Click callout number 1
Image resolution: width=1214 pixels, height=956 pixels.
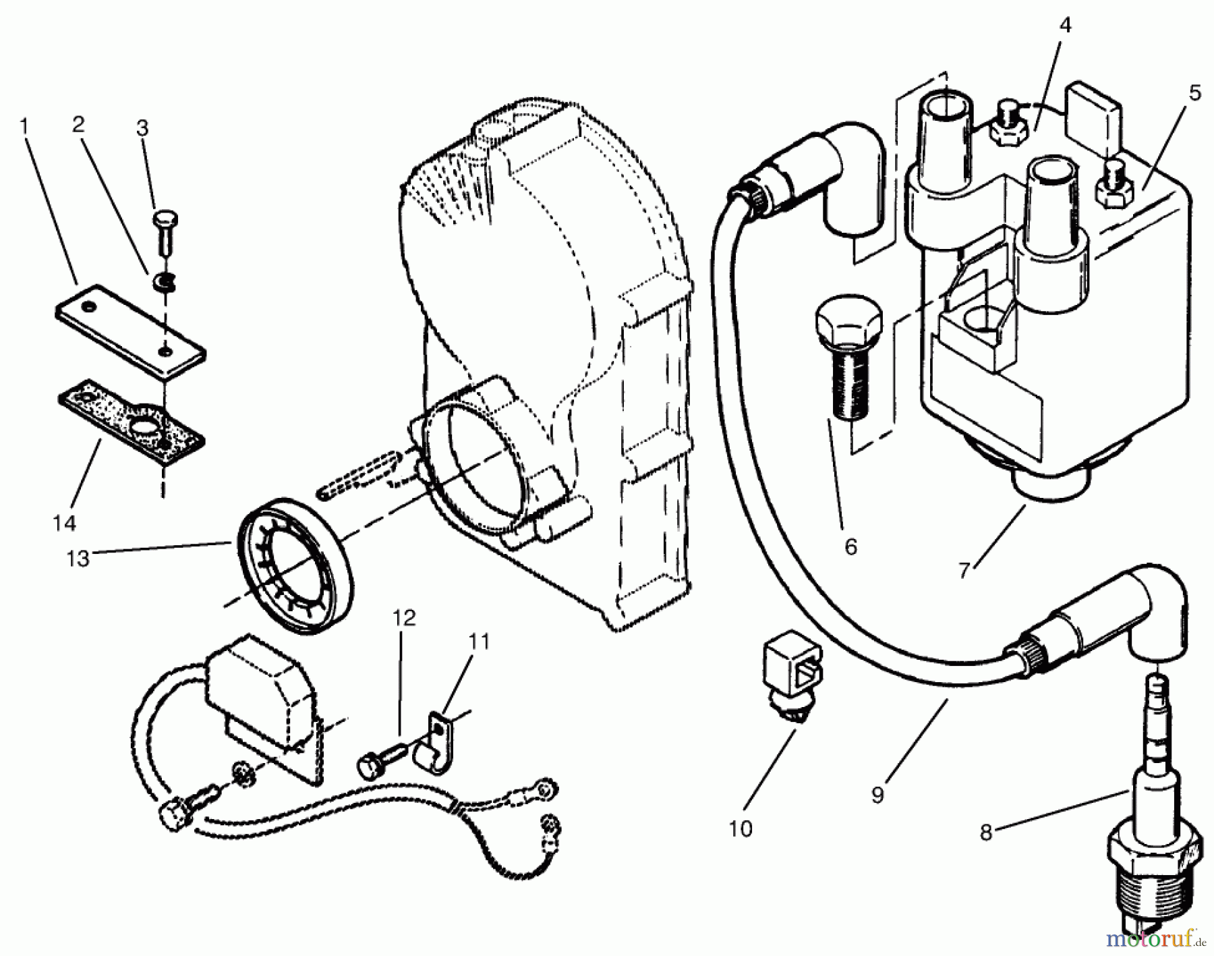[24, 126]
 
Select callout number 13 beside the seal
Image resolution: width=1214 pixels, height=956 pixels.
[78, 559]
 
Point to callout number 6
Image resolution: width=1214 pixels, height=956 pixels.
[850, 546]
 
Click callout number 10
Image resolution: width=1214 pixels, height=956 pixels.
[741, 828]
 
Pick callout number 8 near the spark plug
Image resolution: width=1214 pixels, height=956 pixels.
[986, 833]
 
